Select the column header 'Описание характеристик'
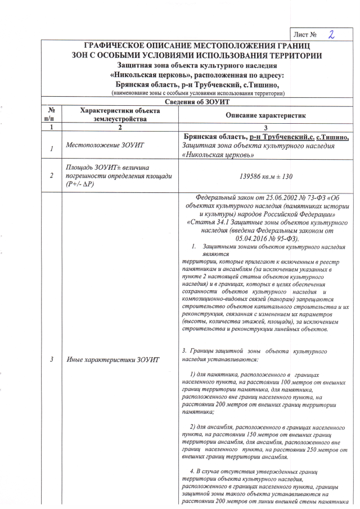pos(265,115)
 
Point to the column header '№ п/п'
pos(51,115)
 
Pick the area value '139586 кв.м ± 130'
pos(265,176)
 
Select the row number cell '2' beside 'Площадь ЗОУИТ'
pos(51,175)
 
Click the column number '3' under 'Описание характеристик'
pos(265,128)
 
